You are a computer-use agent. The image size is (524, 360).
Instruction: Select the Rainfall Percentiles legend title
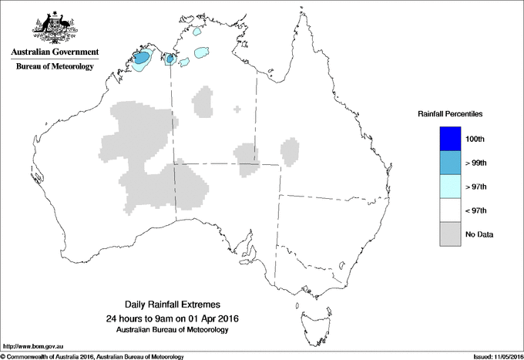point(450,113)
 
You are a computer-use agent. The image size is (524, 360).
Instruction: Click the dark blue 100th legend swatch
point(450,139)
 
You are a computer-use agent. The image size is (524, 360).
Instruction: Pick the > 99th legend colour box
point(450,163)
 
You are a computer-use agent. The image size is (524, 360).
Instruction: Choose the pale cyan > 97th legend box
point(450,187)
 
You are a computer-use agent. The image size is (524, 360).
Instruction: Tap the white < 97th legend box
point(450,210)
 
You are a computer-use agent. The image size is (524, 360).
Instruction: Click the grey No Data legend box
point(450,234)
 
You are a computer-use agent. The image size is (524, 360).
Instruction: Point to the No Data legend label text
point(479,234)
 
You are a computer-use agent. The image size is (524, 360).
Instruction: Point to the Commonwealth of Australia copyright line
point(92,356)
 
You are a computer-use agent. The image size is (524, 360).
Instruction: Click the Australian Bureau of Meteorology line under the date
point(177,330)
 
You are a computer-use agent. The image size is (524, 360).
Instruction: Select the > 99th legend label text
point(476,163)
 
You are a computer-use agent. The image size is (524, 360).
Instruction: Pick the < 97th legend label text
point(476,210)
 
